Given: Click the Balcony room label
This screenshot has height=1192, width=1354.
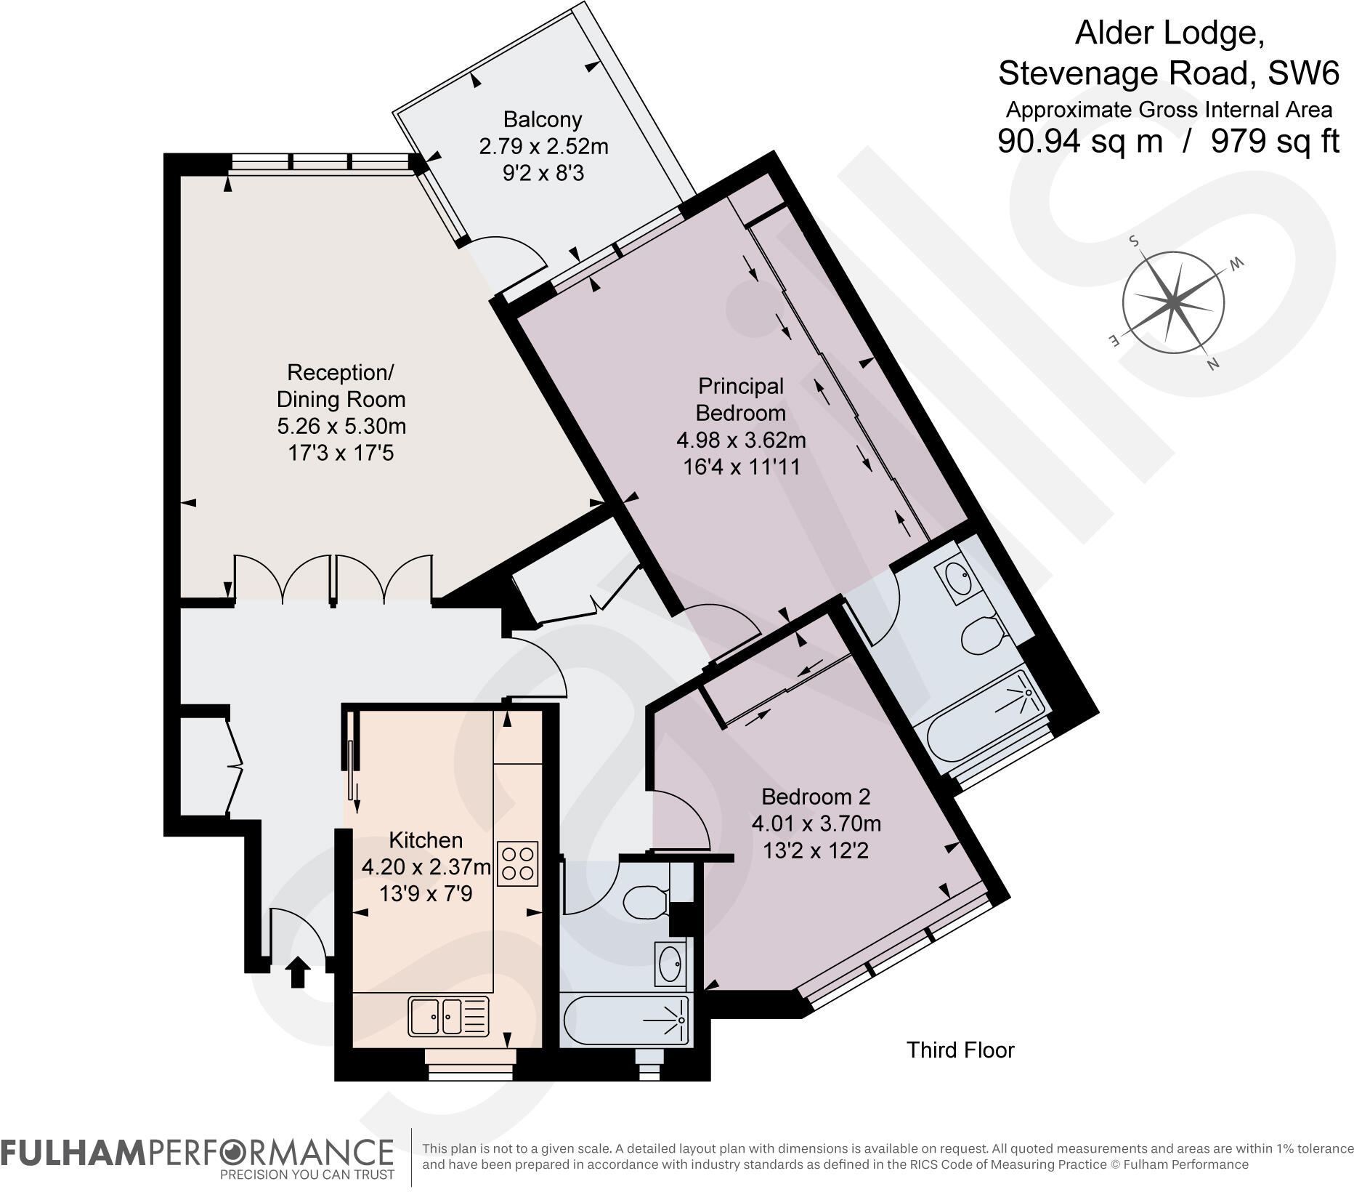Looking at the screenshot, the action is [x=543, y=119].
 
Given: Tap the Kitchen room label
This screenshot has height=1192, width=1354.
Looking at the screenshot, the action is [x=426, y=840].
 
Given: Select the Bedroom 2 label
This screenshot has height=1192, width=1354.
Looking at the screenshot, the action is [x=816, y=797].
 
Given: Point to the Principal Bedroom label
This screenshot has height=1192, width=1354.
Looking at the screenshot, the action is [x=741, y=399].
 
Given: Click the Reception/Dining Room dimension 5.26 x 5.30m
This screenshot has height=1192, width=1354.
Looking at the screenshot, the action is [x=341, y=426].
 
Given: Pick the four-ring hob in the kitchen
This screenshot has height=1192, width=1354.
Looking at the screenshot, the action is [x=518, y=863].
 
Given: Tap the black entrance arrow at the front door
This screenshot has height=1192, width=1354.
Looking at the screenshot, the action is [x=297, y=972].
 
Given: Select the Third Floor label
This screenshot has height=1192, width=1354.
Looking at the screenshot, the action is [x=960, y=1050].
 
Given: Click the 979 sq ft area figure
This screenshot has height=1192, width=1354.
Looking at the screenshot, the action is [x=1275, y=141].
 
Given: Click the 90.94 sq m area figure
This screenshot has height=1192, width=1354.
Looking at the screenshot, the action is [x=1080, y=141].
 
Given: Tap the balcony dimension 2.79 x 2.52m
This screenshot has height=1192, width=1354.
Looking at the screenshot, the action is [x=543, y=147].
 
